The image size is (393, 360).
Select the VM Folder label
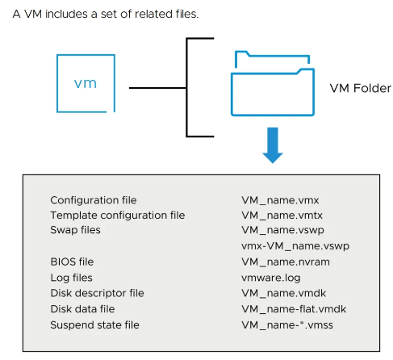[x=361, y=87]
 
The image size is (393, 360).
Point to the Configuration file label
[x=93, y=200]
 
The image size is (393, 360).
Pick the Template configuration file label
[x=117, y=216]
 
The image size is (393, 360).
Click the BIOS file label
[x=72, y=262]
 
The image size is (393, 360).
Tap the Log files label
[x=72, y=277]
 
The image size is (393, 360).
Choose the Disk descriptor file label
[x=97, y=293]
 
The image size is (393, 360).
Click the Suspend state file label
[x=94, y=324]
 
